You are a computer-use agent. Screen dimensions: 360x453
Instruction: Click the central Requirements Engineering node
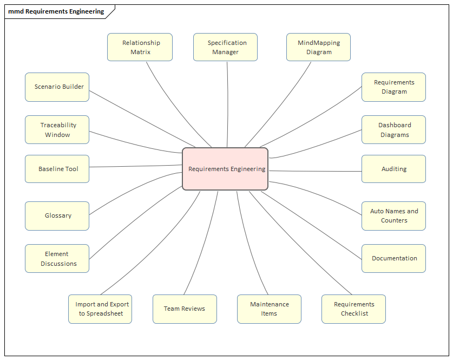point(225,169)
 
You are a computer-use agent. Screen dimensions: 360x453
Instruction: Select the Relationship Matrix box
point(140,47)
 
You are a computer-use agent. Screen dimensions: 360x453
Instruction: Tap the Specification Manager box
point(225,47)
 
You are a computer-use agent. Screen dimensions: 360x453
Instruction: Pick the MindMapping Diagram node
point(318,47)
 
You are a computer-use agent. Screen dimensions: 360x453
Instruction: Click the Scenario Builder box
point(57,87)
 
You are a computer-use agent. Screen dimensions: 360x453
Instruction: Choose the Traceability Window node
point(57,130)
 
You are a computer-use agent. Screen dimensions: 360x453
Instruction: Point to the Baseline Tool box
point(57,169)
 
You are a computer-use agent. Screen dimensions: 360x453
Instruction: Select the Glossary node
point(57,215)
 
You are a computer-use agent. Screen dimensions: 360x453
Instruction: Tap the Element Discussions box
point(57,259)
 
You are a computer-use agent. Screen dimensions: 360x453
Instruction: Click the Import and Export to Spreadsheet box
point(100,309)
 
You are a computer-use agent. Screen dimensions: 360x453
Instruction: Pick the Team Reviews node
point(185,309)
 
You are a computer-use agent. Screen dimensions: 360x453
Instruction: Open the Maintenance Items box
point(269,309)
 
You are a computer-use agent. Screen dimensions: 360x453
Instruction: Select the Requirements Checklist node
point(353,309)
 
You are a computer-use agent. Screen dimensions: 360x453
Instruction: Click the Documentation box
point(393,258)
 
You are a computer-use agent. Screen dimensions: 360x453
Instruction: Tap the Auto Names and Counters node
point(393,216)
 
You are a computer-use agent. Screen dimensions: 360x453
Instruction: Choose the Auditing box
point(393,169)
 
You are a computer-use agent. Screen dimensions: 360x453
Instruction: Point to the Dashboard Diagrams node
point(393,130)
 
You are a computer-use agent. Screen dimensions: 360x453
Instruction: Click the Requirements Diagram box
point(393,87)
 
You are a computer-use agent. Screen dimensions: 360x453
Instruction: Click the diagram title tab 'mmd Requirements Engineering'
point(56,11)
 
